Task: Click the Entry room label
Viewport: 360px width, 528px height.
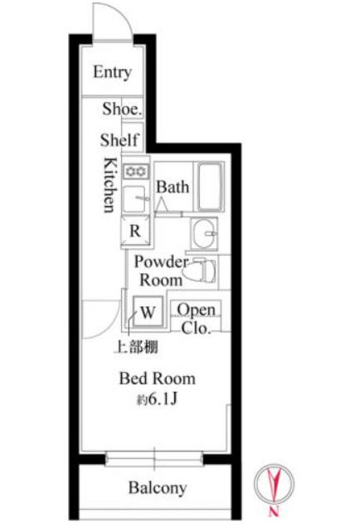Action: pyautogui.click(x=112, y=71)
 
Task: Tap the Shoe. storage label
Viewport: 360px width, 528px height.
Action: pyautogui.click(x=122, y=109)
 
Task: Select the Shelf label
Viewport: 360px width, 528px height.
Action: pyautogui.click(x=119, y=139)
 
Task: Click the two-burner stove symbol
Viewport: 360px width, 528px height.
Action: pyautogui.click(x=135, y=172)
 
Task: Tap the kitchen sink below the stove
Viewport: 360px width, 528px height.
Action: pyautogui.click(x=135, y=198)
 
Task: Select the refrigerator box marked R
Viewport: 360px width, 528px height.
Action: pyautogui.click(x=135, y=231)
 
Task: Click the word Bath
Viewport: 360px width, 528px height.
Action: pyautogui.click(x=173, y=188)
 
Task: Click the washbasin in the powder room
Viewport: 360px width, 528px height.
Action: pyautogui.click(x=204, y=233)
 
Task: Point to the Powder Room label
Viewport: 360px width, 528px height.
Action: pyautogui.click(x=161, y=271)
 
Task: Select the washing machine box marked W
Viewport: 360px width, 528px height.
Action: pyautogui.click(x=148, y=311)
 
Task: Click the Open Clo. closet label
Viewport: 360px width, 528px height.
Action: pyautogui.click(x=196, y=318)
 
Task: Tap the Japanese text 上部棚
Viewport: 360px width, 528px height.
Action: pyautogui.click(x=137, y=347)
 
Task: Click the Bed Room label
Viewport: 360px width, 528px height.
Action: pyautogui.click(x=158, y=379)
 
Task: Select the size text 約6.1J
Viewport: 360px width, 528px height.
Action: pyautogui.click(x=157, y=399)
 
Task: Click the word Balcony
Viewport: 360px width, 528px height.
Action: pyautogui.click(x=158, y=487)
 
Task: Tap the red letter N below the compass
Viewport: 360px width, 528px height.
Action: pyautogui.click(x=274, y=511)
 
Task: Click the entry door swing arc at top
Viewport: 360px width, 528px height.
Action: pyautogui.click(x=119, y=12)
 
